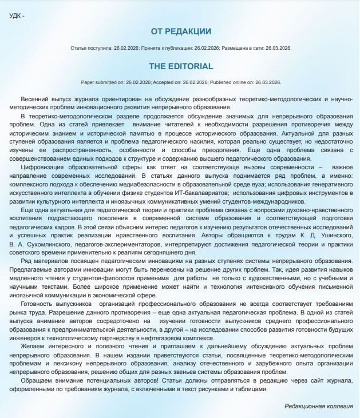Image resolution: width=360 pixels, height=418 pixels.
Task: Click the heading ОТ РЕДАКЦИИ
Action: click(181, 31)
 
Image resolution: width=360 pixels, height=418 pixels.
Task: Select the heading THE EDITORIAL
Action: click(181, 66)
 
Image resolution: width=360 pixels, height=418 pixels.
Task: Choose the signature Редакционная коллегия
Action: click(319, 407)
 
